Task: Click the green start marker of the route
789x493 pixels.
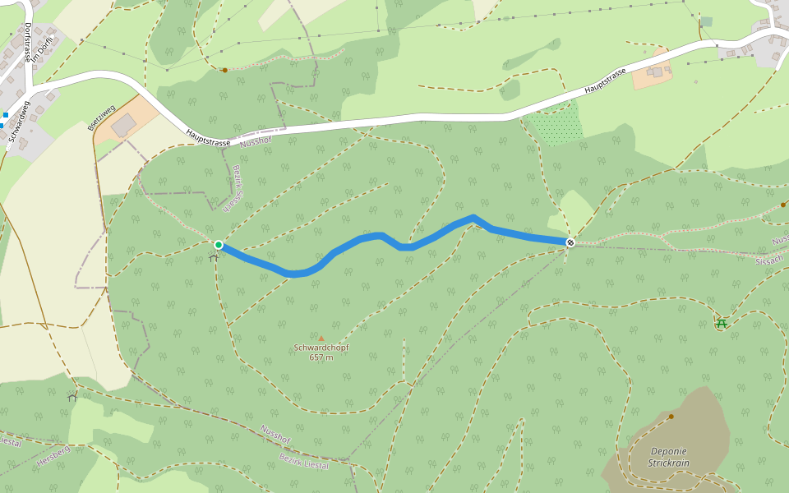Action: pyautogui.click(x=219, y=245)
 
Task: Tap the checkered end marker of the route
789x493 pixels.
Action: pyautogui.click(x=570, y=242)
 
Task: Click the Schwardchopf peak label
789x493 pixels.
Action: pyautogui.click(x=321, y=348)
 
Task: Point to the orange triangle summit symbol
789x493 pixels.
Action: pyautogui.click(x=321, y=338)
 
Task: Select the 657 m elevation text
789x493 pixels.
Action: pyautogui.click(x=321, y=357)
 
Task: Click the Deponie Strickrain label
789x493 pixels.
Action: pyautogui.click(x=668, y=457)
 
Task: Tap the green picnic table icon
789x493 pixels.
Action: pyautogui.click(x=722, y=323)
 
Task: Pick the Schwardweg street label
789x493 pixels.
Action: pyautogui.click(x=19, y=121)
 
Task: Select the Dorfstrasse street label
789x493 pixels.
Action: pyautogui.click(x=27, y=43)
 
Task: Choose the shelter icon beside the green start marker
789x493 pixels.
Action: pyautogui.click(x=214, y=257)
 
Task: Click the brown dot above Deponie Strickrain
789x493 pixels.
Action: pyautogui.click(x=671, y=417)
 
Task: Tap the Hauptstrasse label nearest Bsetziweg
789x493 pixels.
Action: pyautogui.click(x=208, y=137)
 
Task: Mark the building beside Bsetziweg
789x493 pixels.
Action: pyautogui.click(x=124, y=126)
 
